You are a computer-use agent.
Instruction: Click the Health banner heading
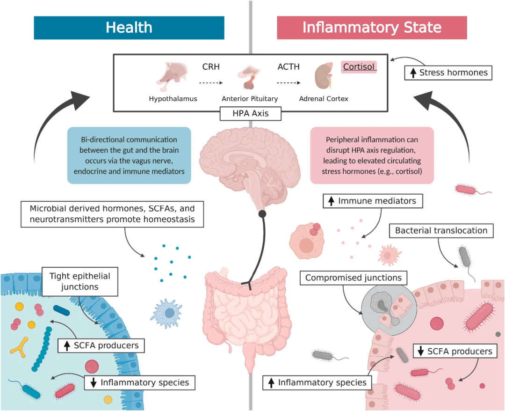pos(129,28)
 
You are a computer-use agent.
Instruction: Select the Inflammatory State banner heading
pos(372,28)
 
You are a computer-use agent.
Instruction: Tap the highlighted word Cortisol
pos(359,67)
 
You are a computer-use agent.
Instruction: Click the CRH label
pos(211,67)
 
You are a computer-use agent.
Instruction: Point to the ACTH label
pos(289,67)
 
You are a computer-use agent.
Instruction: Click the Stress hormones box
pos(448,73)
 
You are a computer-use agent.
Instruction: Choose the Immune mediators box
pos(372,201)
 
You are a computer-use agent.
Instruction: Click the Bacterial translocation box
pos(441,230)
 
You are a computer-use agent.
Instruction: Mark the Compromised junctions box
pos(353,278)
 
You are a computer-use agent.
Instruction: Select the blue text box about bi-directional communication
pos(129,155)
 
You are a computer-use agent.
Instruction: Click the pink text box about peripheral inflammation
pos(372,155)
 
